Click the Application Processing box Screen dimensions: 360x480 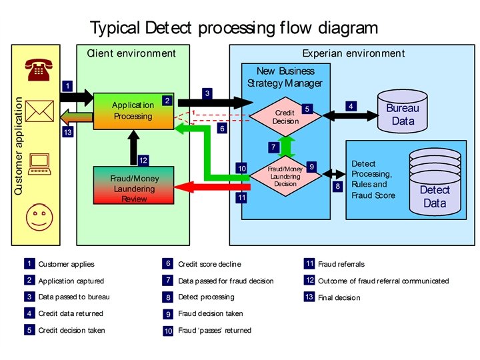point(133,111)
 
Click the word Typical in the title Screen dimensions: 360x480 point(115,28)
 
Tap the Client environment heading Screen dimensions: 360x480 point(132,53)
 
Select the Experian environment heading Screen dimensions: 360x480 point(353,53)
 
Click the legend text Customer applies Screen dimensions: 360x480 point(66,265)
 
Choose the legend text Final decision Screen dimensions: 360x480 point(339,297)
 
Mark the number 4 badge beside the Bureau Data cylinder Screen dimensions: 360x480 point(351,106)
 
